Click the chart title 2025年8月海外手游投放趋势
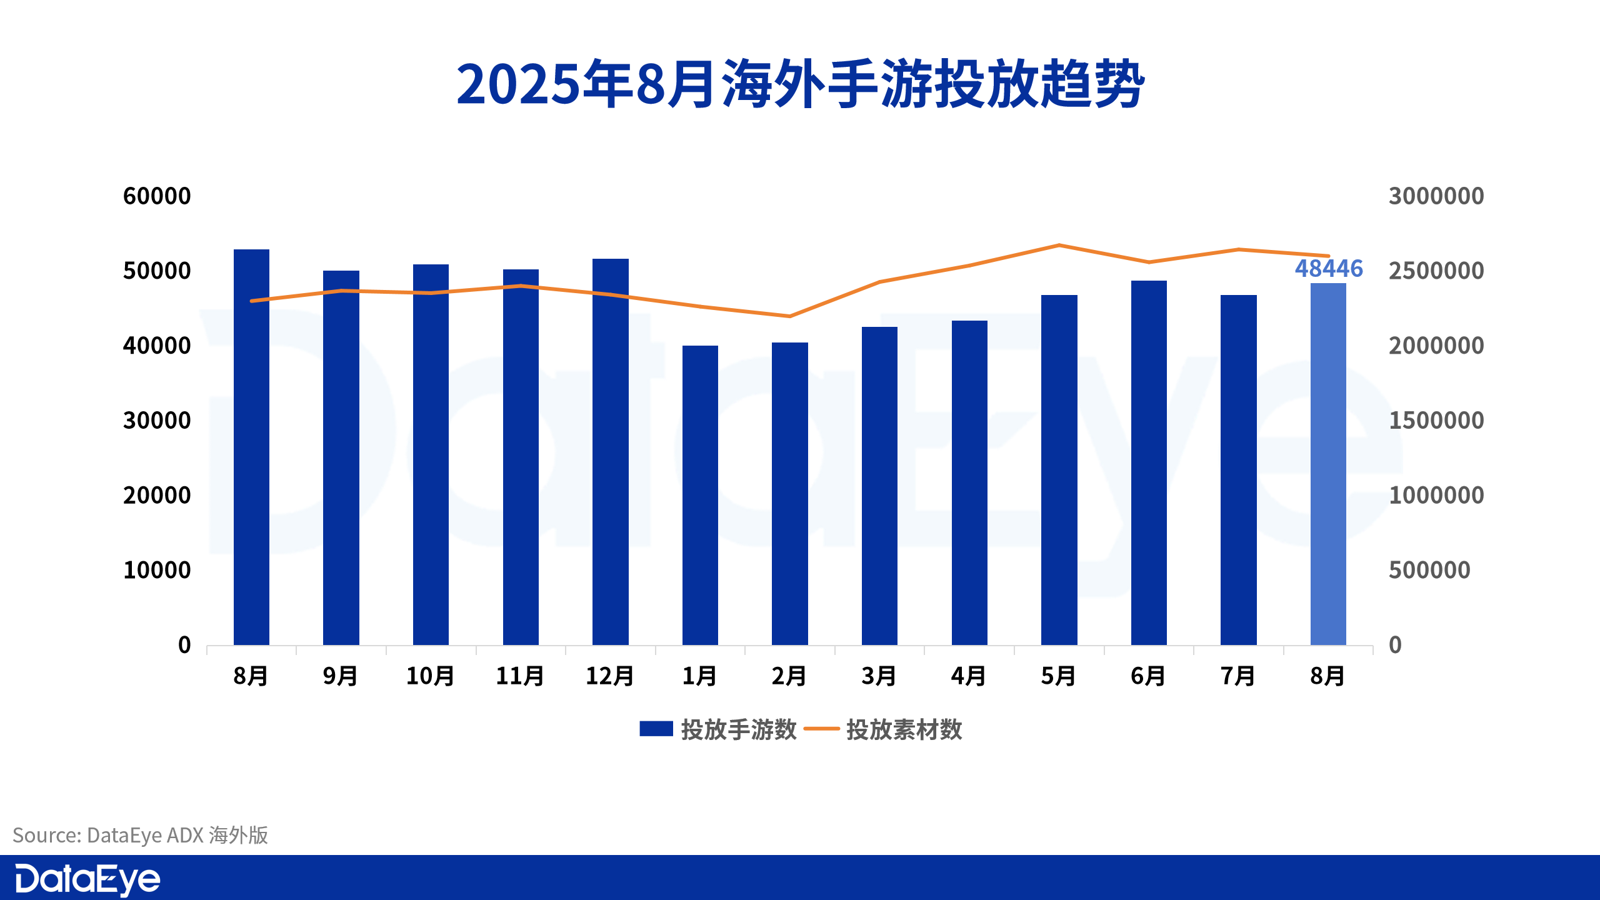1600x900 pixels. point(800,84)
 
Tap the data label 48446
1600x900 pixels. point(1329,268)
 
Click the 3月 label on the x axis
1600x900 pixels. point(879,676)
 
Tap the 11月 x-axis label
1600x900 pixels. point(520,676)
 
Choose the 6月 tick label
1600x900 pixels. point(1148,676)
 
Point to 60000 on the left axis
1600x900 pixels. point(157,196)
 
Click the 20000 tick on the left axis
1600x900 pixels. point(157,496)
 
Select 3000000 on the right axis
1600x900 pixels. point(1436,196)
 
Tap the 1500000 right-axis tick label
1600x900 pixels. point(1436,421)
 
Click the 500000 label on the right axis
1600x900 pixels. point(1429,570)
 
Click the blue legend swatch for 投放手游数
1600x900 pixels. point(656,729)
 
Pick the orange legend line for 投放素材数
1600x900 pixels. point(821,729)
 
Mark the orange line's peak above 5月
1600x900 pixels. point(1059,245)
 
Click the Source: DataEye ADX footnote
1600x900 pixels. point(141,835)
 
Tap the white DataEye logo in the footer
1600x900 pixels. point(87,879)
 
